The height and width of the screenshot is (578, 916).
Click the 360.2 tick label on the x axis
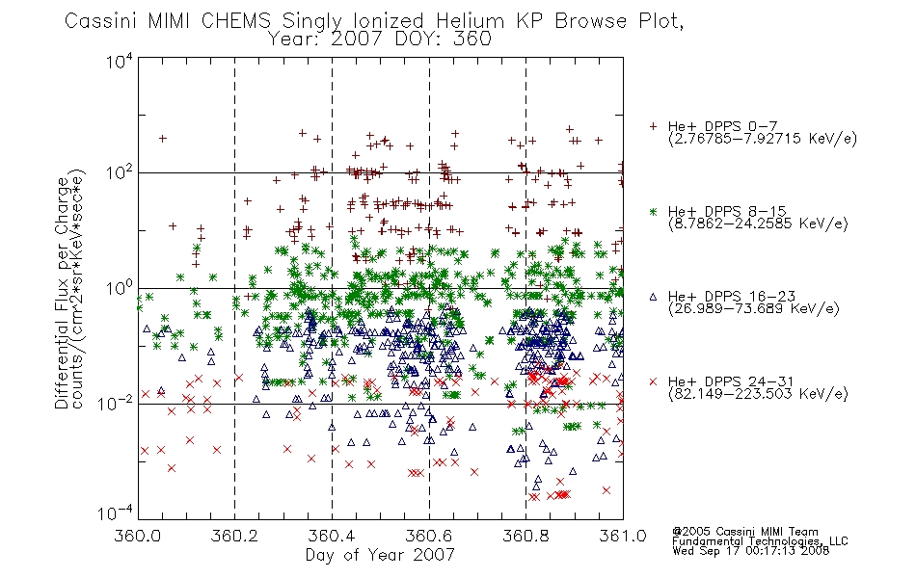point(234,536)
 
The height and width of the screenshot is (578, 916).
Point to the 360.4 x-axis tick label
point(332,536)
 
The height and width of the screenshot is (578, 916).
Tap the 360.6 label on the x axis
point(429,536)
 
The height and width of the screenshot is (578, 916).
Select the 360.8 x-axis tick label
point(525,536)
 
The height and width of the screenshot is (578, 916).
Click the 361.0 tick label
point(623,536)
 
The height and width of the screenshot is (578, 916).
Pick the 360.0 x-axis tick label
point(137,536)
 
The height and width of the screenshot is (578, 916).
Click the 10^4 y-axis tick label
point(120,61)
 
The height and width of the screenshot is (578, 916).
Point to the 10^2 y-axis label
point(120,172)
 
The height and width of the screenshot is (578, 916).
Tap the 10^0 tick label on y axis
point(120,288)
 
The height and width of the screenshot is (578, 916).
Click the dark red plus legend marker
point(653,126)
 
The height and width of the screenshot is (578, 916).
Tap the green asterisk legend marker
point(653,211)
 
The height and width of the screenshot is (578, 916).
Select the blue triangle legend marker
point(653,297)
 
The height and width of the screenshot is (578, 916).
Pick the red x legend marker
point(653,381)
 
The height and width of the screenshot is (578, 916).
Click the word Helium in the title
point(470,21)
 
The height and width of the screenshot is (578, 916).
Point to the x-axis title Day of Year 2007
point(380,555)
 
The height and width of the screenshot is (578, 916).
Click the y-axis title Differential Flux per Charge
point(62,292)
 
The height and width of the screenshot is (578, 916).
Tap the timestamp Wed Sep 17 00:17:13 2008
point(751,550)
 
